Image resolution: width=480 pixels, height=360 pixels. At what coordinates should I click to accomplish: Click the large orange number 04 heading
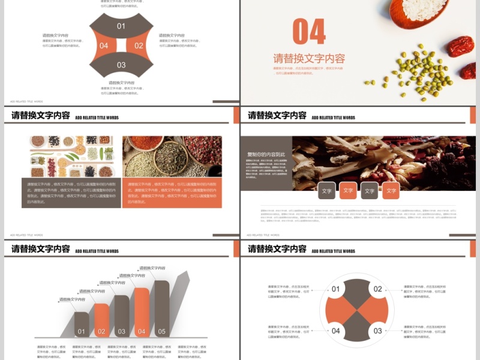309,32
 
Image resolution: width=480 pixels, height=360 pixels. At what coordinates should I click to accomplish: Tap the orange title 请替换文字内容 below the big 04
309,59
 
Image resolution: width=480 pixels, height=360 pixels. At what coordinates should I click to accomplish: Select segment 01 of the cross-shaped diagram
121,26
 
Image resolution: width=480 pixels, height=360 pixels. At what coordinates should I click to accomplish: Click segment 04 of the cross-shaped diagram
103,46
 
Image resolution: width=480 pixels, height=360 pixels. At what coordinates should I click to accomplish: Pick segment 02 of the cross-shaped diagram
139,46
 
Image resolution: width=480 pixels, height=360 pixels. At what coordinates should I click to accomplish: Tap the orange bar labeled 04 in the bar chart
142,313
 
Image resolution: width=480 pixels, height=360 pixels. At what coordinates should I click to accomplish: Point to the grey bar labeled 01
82,325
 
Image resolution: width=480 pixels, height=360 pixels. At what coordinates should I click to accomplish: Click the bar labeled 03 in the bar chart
122,316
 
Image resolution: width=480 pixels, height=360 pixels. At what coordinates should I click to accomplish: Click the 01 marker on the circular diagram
335,289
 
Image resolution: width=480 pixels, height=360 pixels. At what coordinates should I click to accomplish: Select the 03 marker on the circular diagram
377,331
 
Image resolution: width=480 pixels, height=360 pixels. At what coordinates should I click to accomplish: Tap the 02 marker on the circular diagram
377,289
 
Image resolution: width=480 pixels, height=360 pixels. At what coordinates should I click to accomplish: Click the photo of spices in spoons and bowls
172,157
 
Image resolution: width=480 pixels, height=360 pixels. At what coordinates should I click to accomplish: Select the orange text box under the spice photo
172,193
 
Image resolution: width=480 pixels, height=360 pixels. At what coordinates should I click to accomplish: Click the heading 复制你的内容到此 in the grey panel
266,154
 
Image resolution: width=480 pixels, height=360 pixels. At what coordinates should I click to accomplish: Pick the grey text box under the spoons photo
72,193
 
